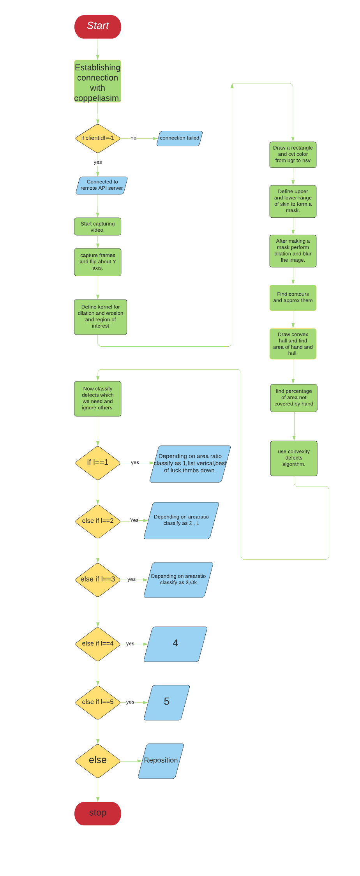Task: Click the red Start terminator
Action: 98,27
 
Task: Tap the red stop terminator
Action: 98,813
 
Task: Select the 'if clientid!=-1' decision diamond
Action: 98,138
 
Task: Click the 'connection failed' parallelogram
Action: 180,138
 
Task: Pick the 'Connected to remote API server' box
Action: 102,185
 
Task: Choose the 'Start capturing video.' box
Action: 98,227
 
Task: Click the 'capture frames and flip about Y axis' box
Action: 98,262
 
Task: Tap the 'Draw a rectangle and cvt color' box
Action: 293,155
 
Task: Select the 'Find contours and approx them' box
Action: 293,298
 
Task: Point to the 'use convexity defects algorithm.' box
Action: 294,458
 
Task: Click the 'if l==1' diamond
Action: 98,463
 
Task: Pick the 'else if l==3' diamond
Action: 98,580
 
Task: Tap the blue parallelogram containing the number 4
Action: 175,643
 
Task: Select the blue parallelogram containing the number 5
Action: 167,702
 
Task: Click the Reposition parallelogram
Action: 161,760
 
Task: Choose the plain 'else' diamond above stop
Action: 98,760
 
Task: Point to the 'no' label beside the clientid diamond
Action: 133,138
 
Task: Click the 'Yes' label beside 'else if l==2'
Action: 134,520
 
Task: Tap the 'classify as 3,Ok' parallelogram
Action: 178,580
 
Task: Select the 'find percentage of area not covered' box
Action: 294,398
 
